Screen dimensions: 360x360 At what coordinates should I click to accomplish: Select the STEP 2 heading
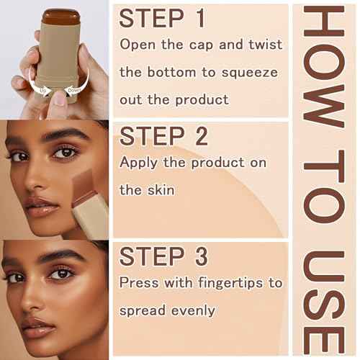point(164,135)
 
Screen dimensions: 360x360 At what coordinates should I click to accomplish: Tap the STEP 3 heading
point(164,256)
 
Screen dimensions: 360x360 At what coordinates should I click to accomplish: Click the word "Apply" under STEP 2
point(140,162)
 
